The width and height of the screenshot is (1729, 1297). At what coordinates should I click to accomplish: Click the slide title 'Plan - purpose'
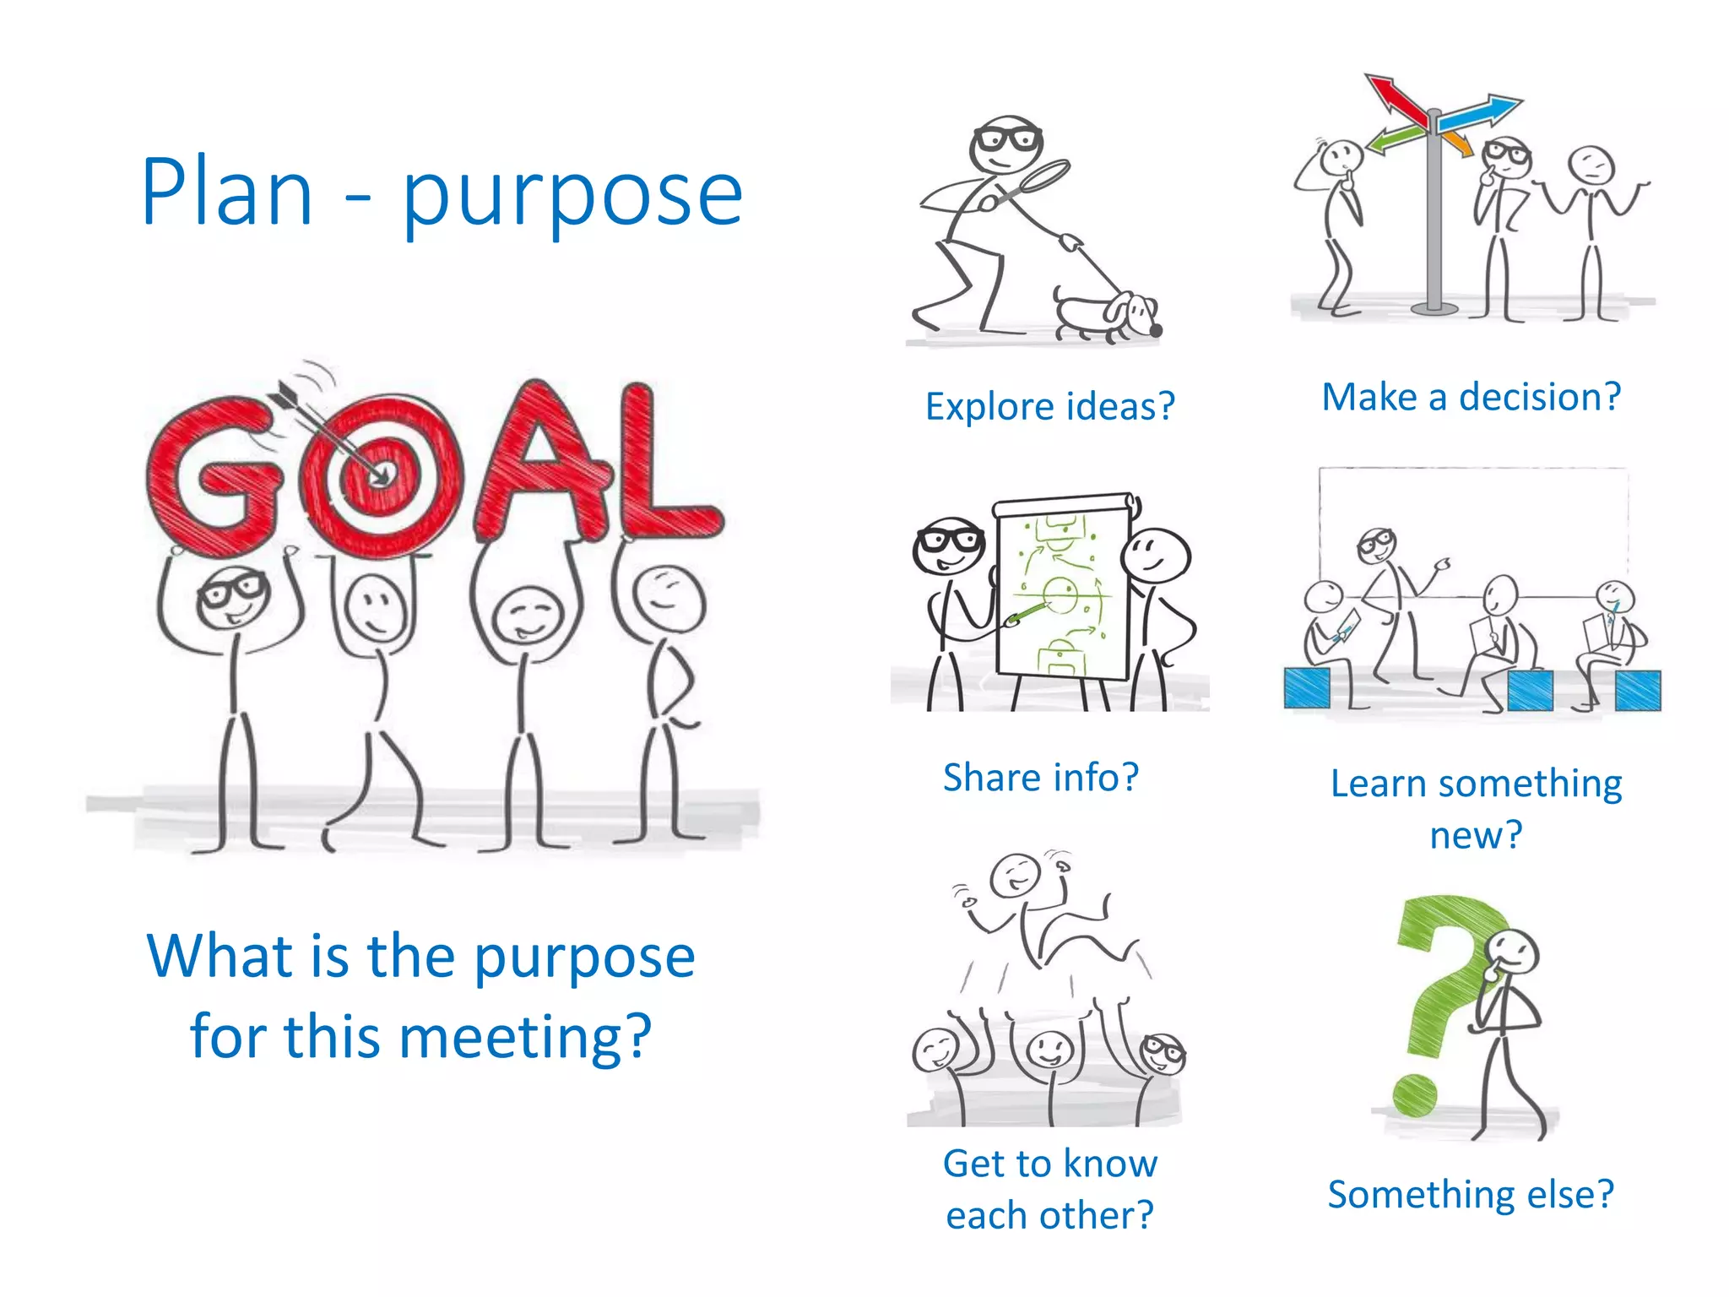tap(442, 193)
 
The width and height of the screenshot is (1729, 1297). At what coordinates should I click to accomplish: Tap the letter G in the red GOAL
tap(213, 475)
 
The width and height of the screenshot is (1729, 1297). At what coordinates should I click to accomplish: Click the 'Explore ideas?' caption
tap(1049, 406)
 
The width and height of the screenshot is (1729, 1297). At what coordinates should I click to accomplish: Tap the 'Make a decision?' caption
tap(1471, 396)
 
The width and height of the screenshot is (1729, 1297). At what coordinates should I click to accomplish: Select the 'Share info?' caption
tap(1040, 777)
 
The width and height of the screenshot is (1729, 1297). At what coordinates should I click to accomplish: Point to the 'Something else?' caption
tap(1470, 1194)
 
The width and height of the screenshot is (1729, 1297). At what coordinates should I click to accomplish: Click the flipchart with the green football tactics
tap(1062, 586)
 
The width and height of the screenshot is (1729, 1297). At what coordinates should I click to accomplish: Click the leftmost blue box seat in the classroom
tap(1306, 687)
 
